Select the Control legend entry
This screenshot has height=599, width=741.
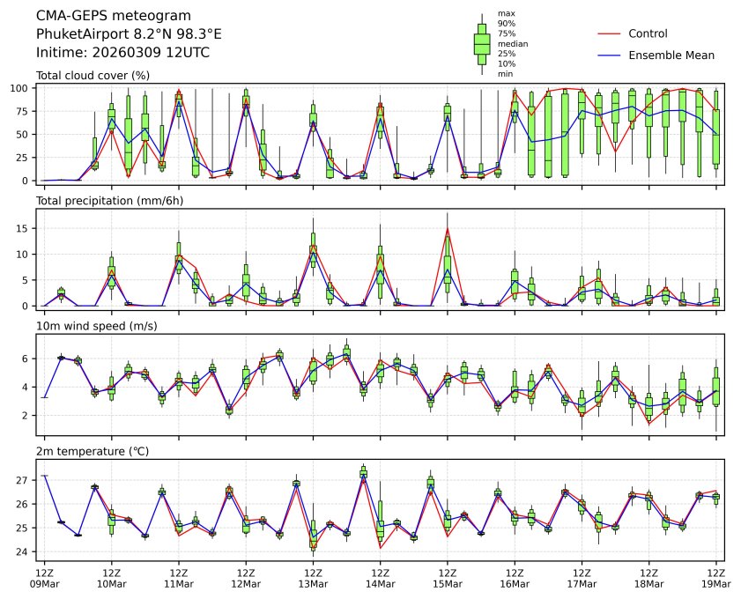[x=648, y=33]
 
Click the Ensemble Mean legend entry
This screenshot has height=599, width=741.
[x=671, y=55]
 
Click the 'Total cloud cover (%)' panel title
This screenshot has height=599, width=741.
[x=93, y=75]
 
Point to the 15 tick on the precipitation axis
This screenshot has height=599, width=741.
[x=25, y=228]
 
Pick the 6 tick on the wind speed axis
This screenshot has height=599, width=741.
[x=27, y=359]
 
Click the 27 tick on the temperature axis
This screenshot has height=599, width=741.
[x=25, y=480]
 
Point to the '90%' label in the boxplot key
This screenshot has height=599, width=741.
[x=507, y=23]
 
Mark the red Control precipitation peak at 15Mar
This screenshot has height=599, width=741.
[x=448, y=229]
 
